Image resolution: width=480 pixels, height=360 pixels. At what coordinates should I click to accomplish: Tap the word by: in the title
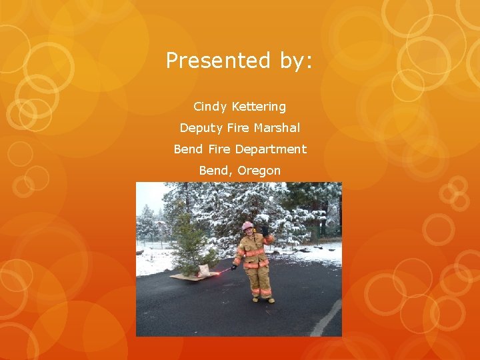(x=291, y=61)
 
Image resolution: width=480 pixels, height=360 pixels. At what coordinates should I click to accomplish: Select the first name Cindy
(x=211, y=107)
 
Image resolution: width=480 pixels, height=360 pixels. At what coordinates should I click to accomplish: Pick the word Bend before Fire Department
(x=187, y=149)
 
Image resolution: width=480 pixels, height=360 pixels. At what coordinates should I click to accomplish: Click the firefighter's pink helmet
(x=248, y=225)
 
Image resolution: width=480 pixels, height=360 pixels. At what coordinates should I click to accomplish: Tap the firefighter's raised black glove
(x=265, y=230)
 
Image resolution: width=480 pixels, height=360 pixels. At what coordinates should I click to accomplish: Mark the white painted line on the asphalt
(x=327, y=319)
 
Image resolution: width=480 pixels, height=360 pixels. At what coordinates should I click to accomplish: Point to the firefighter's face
(x=249, y=232)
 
